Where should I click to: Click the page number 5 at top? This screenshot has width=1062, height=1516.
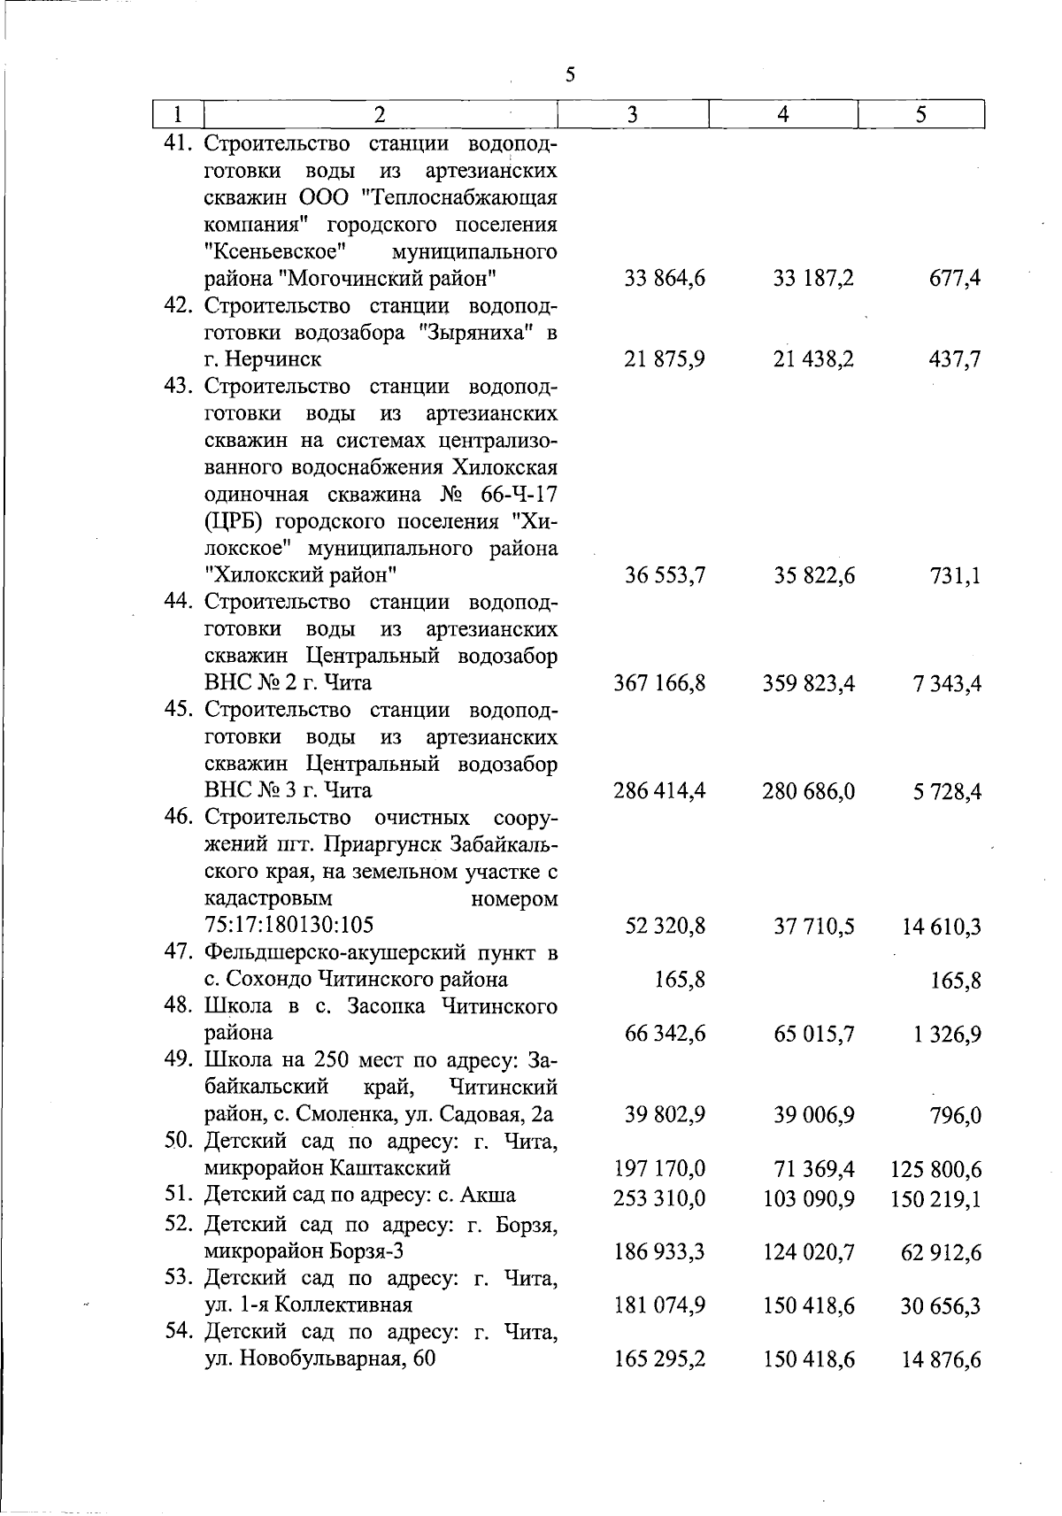570,74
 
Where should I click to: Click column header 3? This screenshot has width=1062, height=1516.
632,114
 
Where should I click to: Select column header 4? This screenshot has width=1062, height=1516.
783,114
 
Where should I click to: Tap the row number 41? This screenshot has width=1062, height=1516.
181,143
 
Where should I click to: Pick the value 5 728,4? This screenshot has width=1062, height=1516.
947,791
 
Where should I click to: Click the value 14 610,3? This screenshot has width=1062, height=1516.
942,927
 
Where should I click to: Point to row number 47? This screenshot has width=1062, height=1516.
181,952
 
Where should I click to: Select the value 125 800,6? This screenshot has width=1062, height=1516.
937,1170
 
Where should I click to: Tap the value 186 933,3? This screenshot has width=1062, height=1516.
658,1252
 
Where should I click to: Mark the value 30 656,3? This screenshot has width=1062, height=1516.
942,1306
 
